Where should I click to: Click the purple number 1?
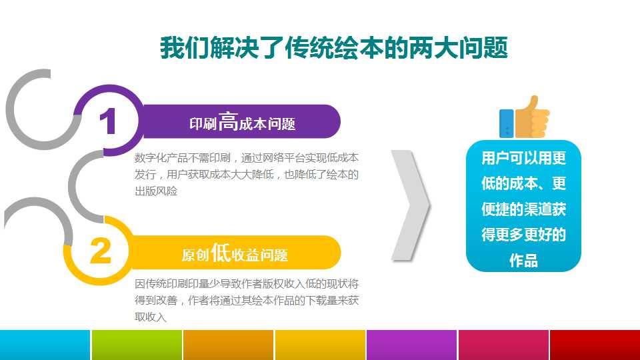point(107,122)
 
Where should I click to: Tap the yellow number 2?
point(101,252)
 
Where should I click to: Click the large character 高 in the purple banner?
point(228,122)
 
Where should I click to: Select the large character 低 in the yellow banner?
point(221,253)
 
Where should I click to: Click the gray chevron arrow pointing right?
point(410,205)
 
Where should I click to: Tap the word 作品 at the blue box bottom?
point(523,261)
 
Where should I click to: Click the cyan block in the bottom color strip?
point(45,344)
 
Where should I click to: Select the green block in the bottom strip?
point(136,344)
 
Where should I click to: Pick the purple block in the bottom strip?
point(411,344)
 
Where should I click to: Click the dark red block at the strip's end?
point(594,344)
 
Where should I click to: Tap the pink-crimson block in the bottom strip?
point(503,344)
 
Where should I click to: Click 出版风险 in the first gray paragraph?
point(157,191)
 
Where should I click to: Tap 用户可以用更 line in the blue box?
point(523,158)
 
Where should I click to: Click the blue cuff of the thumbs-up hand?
point(507,123)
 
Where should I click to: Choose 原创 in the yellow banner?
point(196,255)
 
